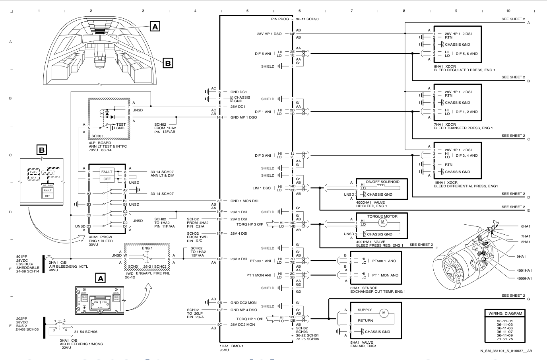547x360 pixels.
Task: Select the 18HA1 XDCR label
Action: click(x=445, y=182)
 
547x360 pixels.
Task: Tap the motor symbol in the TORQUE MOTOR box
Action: click(x=383, y=221)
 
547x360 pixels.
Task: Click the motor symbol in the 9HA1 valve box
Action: click(x=384, y=313)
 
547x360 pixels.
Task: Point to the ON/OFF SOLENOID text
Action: click(x=382, y=181)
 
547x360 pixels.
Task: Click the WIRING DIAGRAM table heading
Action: click(x=505, y=313)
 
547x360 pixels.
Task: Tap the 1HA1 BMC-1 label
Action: click(x=231, y=346)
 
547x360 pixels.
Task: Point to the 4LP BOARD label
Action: click(x=100, y=143)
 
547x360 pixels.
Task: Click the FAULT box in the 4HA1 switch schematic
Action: click(x=106, y=171)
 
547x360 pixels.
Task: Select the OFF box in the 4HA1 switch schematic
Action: click(x=106, y=179)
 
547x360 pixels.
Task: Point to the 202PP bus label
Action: click(x=21, y=318)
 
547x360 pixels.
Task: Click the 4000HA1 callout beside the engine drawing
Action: click(x=524, y=278)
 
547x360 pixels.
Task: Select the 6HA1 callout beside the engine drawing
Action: click(x=526, y=226)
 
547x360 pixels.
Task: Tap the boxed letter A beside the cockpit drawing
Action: click(x=155, y=26)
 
